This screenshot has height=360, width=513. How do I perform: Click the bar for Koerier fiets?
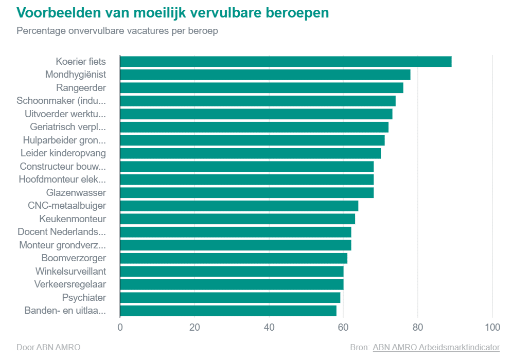click(x=286, y=62)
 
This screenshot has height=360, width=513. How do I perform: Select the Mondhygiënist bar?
click(x=265, y=75)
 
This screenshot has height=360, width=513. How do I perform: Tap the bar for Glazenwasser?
click(x=246, y=193)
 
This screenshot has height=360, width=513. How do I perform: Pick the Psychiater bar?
click(x=230, y=298)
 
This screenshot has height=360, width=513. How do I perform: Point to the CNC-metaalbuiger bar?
click(x=239, y=206)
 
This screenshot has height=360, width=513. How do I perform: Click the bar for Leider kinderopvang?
click(x=250, y=153)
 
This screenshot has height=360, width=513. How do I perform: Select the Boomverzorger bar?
click(x=234, y=258)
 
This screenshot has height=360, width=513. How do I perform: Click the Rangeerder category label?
click(x=81, y=88)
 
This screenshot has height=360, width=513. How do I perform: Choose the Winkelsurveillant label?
click(x=70, y=271)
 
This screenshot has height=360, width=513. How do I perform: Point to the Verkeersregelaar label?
click(x=70, y=284)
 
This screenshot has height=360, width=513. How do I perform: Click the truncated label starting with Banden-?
click(x=65, y=311)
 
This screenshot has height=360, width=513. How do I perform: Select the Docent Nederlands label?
click(x=62, y=232)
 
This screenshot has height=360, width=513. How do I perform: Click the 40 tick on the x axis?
click(x=269, y=328)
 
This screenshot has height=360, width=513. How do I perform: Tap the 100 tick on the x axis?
click(x=492, y=328)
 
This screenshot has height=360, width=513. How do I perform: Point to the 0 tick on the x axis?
click(x=120, y=328)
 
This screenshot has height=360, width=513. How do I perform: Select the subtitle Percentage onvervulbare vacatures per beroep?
click(x=117, y=31)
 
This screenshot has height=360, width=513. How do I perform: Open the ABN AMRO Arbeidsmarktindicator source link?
click(x=436, y=347)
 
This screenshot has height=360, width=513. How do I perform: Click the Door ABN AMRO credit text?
click(x=48, y=347)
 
